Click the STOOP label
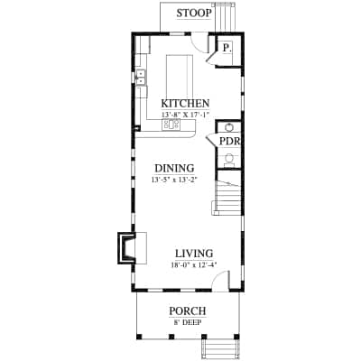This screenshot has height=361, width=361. click(194, 14)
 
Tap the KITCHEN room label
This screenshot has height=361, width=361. click(185, 103)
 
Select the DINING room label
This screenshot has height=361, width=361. click(174, 168)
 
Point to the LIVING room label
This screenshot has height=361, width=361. click(194, 254)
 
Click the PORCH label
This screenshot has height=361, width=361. click(188, 311)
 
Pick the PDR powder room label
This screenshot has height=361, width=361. click(230, 142)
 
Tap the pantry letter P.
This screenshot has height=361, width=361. click(227, 48)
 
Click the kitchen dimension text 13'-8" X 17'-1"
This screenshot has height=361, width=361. click(185, 115)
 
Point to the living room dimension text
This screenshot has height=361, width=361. click(193, 265)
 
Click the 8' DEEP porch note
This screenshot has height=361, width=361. click(189, 323)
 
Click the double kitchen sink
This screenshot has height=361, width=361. click(141, 78)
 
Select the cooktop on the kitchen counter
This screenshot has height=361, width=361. click(171, 125)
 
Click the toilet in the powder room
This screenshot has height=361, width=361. click(229, 159)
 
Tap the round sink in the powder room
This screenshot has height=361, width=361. click(229, 127)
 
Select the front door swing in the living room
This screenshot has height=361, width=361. click(221, 281)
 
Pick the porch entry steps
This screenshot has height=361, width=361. click(219, 350)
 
